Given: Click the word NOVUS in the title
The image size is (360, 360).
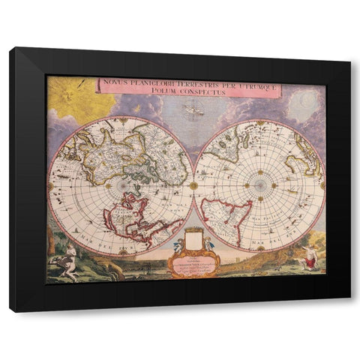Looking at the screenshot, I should pos(119,83).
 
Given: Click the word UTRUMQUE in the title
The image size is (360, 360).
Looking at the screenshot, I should pos(256,83).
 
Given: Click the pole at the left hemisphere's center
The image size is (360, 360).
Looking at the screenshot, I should pos(124,185).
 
